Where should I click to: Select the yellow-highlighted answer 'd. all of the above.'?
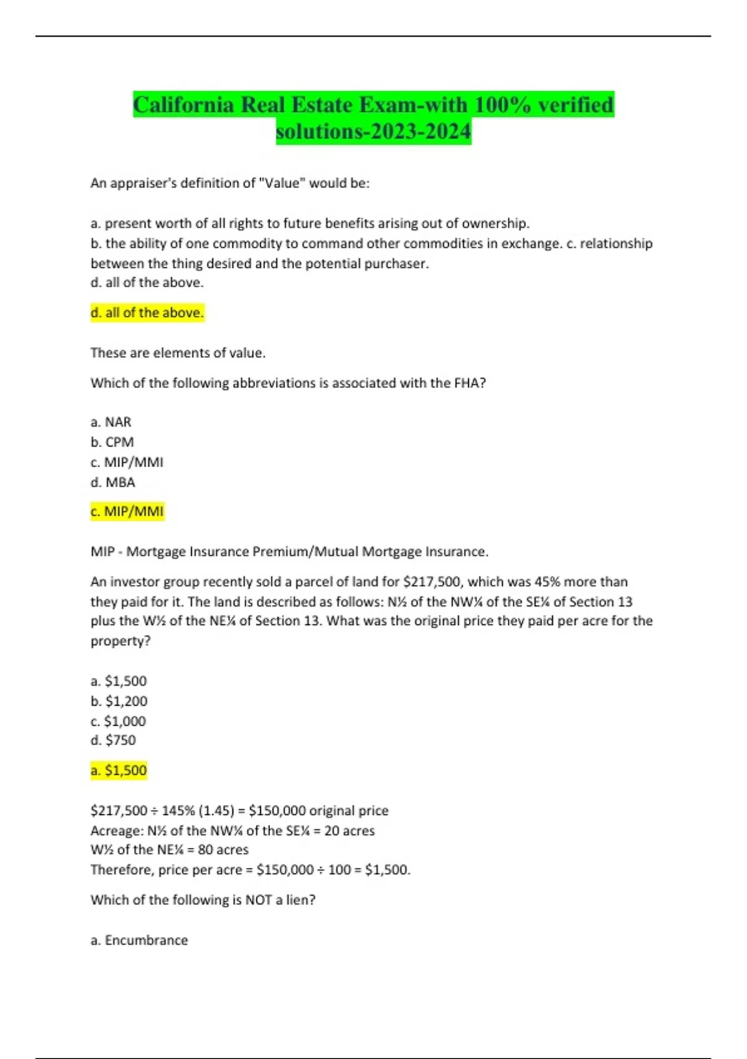coord(147,313)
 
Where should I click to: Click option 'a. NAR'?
coord(111,422)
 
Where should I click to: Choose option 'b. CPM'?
coord(112,442)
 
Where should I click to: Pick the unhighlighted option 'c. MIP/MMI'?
coord(127,462)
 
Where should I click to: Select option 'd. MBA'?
coord(113,482)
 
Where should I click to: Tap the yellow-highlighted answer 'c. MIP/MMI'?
coord(127,511)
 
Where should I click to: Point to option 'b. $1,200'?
coord(119,701)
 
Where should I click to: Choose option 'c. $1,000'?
coord(118,721)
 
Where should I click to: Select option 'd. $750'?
coord(113,740)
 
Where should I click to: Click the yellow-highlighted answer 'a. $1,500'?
coord(119,771)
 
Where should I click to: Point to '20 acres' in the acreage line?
coord(349,831)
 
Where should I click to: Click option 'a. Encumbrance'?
coord(139,940)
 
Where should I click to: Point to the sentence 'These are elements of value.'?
coord(178,353)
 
